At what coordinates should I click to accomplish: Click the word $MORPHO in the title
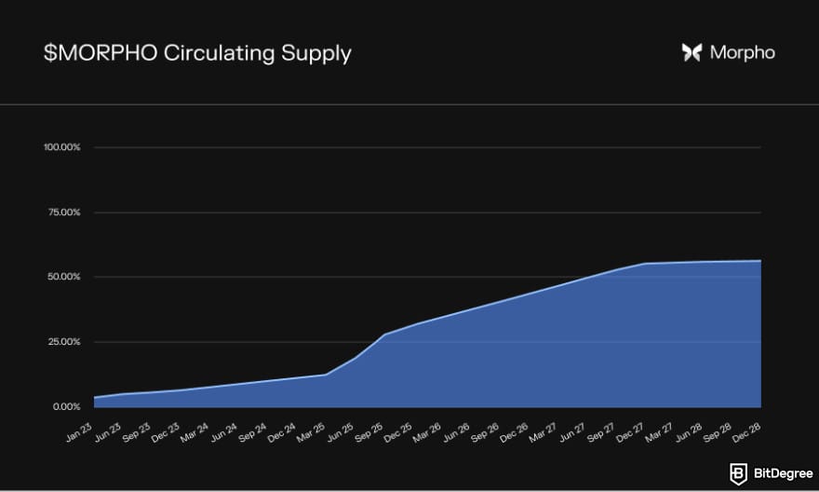pyautogui.click(x=100, y=53)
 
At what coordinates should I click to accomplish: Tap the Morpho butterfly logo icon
pyautogui.click(x=691, y=53)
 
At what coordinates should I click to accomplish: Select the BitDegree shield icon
pyautogui.click(x=737, y=473)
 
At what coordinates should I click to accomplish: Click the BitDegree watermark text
pyautogui.click(x=777, y=473)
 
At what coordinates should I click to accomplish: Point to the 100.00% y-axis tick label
pyautogui.click(x=62, y=147)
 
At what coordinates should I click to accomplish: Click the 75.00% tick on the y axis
pyautogui.click(x=64, y=212)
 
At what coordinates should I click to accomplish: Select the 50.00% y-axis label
pyautogui.click(x=64, y=277)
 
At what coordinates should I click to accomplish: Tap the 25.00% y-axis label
pyautogui.click(x=64, y=342)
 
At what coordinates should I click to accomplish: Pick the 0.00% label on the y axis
pyautogui.click(x=66, y=407)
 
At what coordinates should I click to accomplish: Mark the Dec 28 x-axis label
pyautogui.click(x=748, y=430)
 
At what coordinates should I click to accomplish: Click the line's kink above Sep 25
pyautogui.click(x=384, y=335)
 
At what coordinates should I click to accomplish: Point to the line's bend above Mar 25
pyautogui.click(x=326, y=375)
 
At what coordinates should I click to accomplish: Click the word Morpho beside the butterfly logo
pyautogui.click(x=742, y=53)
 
